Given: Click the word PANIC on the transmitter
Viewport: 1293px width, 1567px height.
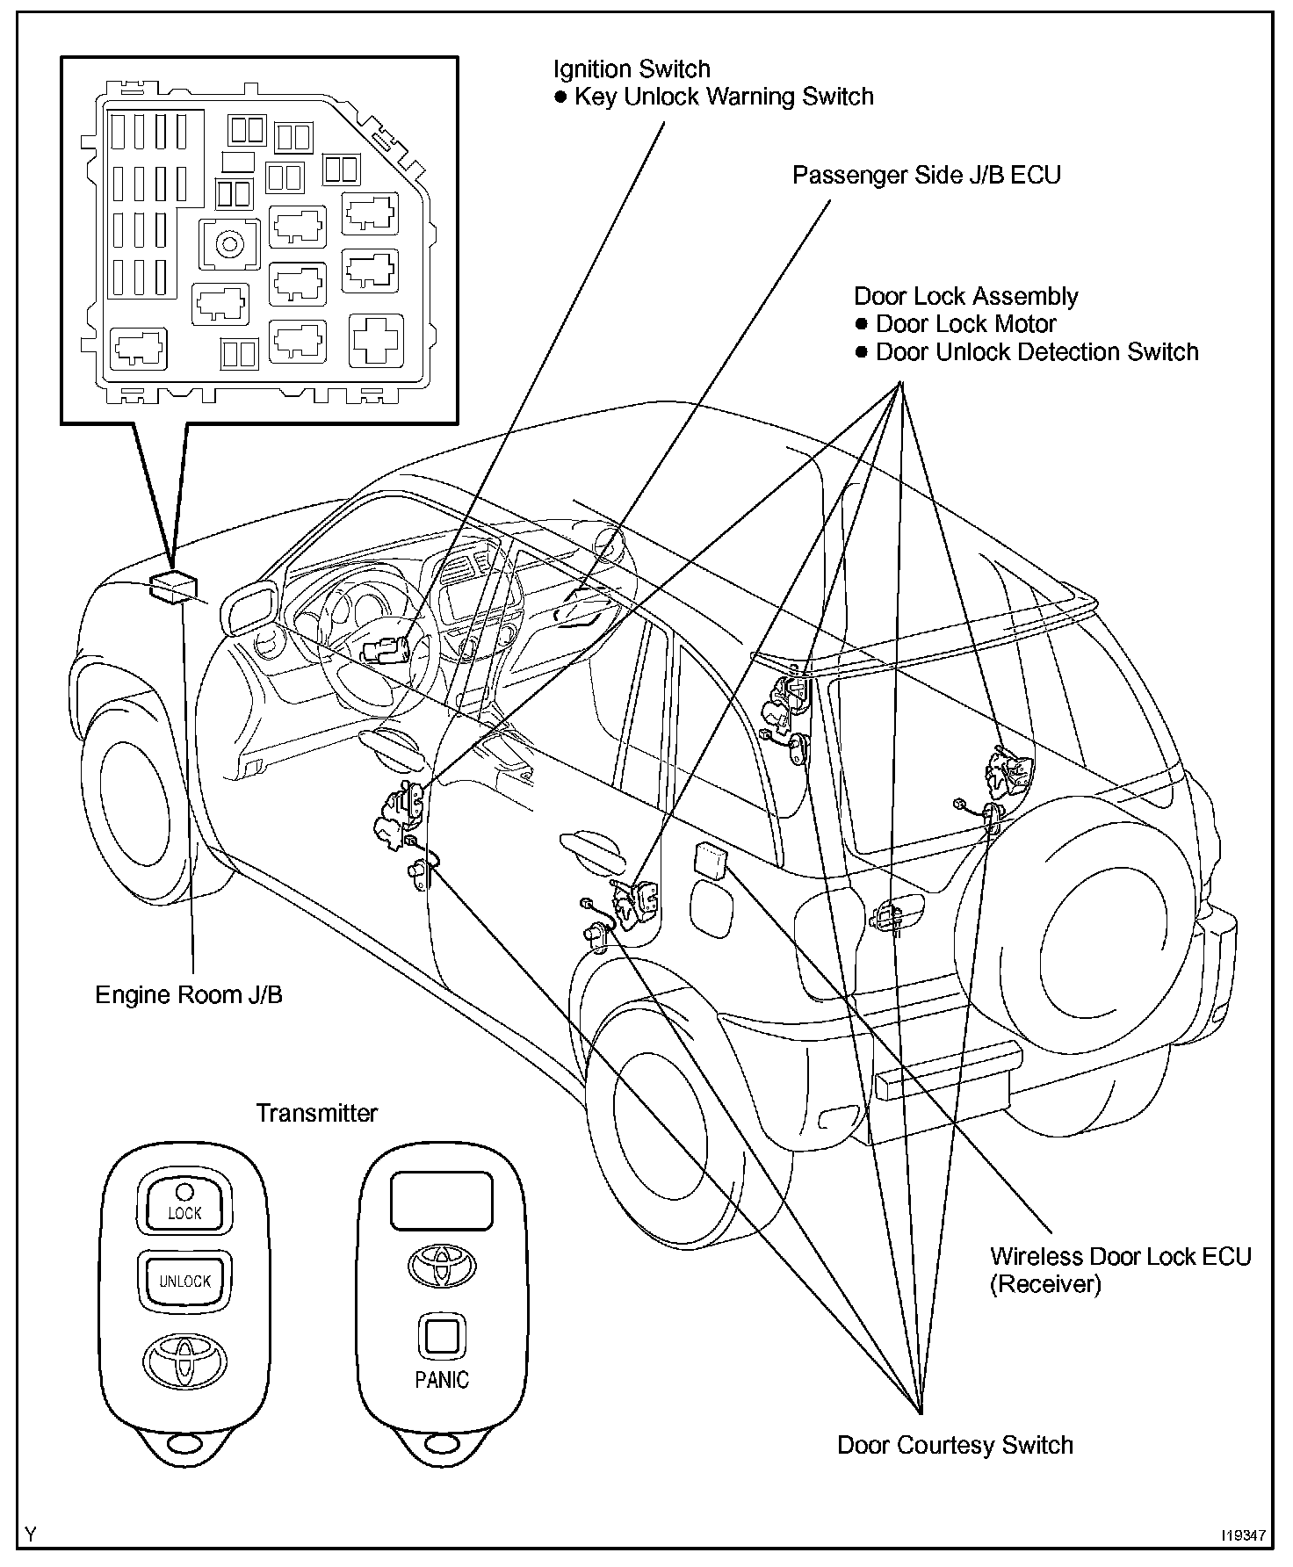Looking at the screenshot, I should (442, 1380).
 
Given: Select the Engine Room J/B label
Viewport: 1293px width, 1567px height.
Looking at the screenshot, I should (189, 994).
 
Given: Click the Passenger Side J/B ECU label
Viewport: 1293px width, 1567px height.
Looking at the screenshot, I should (926, 175).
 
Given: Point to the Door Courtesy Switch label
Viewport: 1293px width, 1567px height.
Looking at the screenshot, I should (955, 1445).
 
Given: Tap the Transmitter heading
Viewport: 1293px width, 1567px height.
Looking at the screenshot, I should (316, 1113).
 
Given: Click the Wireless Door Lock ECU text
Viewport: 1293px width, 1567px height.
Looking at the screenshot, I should (1120, 1256).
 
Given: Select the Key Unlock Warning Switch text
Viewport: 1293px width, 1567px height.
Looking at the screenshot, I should (724, 97).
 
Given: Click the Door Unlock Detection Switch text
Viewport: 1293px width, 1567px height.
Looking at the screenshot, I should (1037, 352).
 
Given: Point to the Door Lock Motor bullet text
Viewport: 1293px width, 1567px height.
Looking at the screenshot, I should (965, 324).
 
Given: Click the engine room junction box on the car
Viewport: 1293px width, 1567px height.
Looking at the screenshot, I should (173, 587).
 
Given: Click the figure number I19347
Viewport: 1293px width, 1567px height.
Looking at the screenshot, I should (1242, 1535).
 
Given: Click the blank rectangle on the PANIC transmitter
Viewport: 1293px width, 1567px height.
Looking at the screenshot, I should (441, 1200).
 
